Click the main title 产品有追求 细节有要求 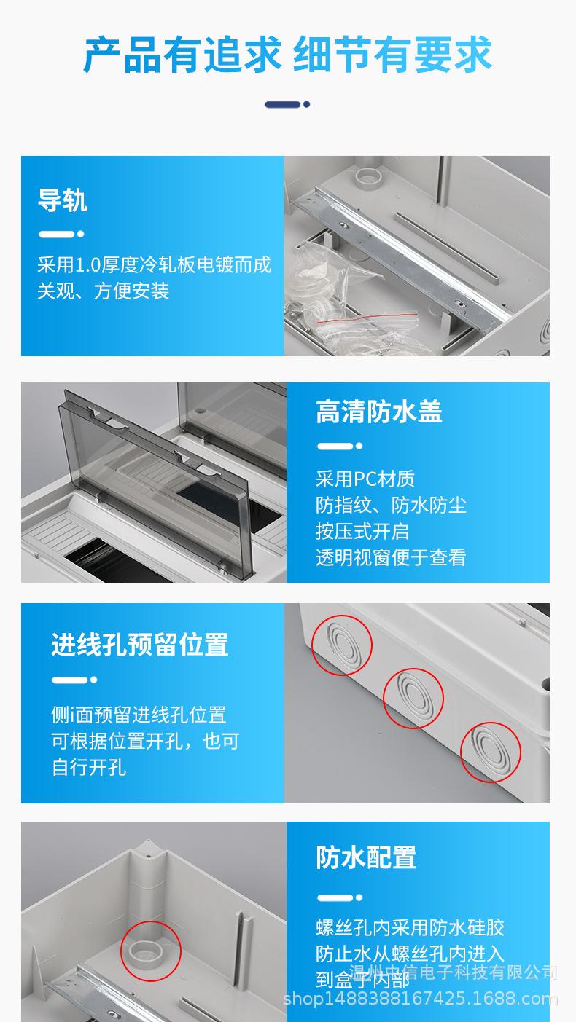287,54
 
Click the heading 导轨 63,200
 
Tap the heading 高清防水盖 378,412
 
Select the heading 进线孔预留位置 139,645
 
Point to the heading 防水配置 366,857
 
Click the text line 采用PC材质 365,479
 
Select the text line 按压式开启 362,531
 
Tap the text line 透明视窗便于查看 390,557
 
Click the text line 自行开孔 89,768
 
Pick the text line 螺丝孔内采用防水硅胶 410,927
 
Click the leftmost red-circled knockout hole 341,645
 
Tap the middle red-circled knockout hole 413,699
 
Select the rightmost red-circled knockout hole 490,752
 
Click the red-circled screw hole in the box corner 150,951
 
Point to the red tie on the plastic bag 365,318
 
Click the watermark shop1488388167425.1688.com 420,998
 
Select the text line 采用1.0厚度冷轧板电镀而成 154,264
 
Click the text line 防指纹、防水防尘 390,505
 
